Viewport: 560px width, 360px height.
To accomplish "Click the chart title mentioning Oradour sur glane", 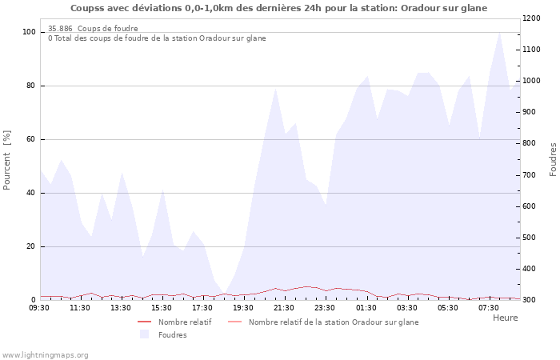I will tap(278, 8).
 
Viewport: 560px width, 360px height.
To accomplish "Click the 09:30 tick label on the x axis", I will tap(40, 307).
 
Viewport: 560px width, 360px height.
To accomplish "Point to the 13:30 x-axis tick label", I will tap(122, 307).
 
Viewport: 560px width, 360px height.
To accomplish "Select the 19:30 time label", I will tap(244, 307).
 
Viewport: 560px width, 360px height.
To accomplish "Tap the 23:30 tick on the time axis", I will tap(326, 307).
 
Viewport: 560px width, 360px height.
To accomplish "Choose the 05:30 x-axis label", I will tap(448, 307).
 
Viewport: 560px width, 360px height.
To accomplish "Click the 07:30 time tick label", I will tap(489, 307).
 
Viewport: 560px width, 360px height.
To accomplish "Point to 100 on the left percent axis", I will tap(29, 32).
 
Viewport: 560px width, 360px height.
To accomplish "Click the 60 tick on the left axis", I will tap(30, 139).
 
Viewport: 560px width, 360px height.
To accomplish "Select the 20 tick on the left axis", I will tap(30, 246).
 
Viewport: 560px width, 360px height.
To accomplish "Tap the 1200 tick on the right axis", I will tap(533, 18).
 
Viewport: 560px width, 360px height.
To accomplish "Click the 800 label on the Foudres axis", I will tap(531, 143).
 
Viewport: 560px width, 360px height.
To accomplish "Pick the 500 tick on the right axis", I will tap(531, 238).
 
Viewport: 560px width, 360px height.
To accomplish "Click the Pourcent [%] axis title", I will tap(7, 160).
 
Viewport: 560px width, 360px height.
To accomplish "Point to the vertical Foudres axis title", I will tap(553, 160).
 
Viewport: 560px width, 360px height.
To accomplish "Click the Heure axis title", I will tap(505, 318).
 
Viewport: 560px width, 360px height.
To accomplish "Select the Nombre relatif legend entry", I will tap(184, 322).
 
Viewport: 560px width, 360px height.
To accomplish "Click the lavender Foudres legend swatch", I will tap(145, 334).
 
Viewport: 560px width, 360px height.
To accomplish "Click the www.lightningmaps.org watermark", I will tap(46, 354).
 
